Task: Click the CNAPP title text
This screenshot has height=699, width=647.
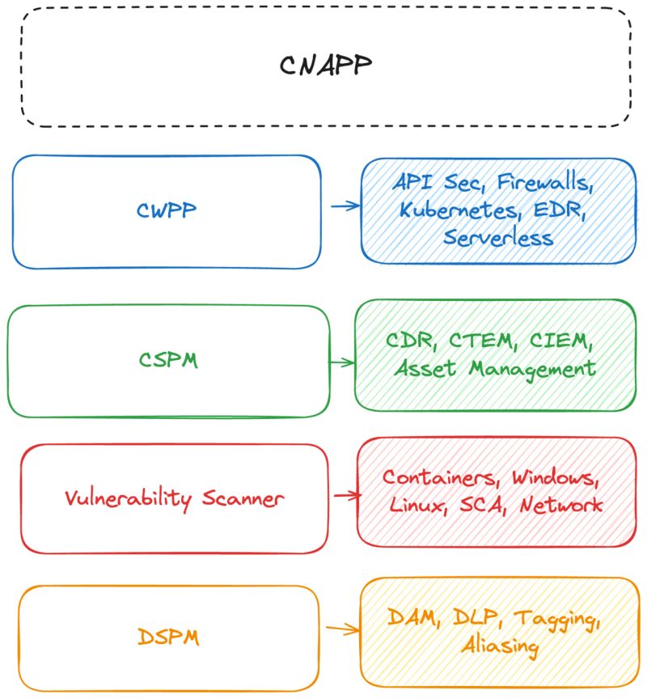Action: (326, 66)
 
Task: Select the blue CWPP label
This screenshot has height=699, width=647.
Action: (167, 211)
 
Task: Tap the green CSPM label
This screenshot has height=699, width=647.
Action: (168, 360)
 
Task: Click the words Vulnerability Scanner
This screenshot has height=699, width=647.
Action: (174, 498)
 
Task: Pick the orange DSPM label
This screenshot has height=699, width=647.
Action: (168, 638)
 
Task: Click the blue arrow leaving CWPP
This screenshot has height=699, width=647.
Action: (345, 206)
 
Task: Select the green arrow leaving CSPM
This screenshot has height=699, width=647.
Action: (341, 362)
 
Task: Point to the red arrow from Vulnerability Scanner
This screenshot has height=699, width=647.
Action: (346, 495)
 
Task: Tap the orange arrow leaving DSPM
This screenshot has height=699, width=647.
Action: (343, 629)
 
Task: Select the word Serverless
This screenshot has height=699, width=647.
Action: (498, 238)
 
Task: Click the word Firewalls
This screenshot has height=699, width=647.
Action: (546, 183)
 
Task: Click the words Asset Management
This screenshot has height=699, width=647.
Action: (495, 369)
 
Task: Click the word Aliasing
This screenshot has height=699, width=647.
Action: (500, 646)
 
